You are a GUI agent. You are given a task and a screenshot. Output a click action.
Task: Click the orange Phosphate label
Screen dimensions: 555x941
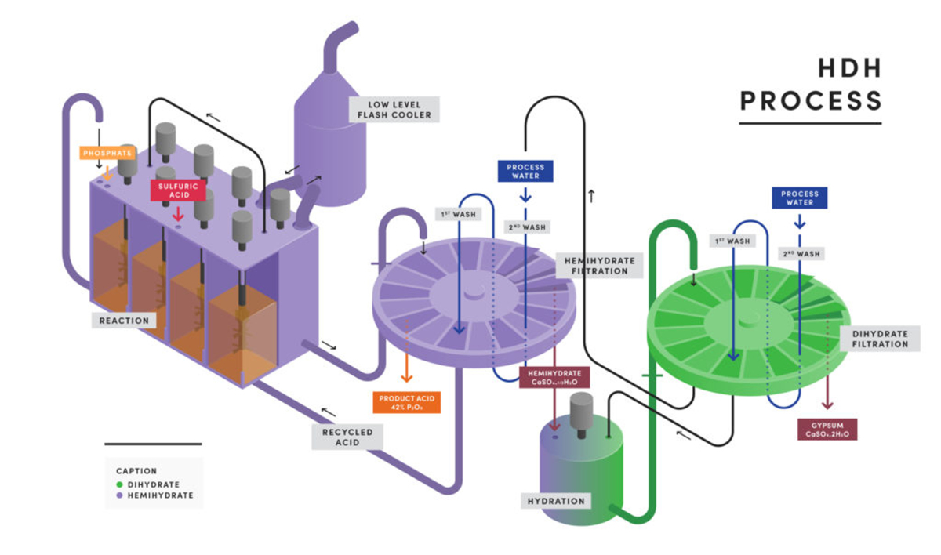[x=107, y=153]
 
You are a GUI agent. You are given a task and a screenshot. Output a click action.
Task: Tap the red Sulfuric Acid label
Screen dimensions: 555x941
[x=178, y=190]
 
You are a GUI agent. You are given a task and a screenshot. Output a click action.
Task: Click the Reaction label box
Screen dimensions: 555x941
[x=124, y=320]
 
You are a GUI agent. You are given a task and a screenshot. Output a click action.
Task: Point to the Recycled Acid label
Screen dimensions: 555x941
[x=347, y=437]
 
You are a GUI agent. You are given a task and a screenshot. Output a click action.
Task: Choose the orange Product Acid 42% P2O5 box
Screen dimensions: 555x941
[x=407, y=403]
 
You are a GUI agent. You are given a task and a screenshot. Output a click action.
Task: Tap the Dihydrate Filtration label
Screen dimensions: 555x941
[x=879, y=339]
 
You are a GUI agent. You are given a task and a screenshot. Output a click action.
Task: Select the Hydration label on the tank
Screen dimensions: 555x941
[x=556, y=501]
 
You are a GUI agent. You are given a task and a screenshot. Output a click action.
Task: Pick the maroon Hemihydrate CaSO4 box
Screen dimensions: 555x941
[x=554, y=377]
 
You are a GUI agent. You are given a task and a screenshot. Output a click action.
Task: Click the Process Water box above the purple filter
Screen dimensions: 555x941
[x=525, y=171]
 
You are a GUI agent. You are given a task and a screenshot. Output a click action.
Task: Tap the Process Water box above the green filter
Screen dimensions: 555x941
[x=799, y=198]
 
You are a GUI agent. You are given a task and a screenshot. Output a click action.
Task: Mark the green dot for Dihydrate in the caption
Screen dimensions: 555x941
[x=119, y=484]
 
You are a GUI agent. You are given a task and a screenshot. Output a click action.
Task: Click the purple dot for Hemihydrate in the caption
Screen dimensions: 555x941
[x=119, y=495]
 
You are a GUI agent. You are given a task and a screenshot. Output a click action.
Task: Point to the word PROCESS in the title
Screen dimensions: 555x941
[x=811, y=102]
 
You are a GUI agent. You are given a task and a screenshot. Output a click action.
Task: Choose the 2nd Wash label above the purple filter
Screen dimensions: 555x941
[x=525, y=227]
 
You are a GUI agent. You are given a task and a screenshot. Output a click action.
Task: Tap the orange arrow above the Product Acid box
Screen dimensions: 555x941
[x=407, y=365]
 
